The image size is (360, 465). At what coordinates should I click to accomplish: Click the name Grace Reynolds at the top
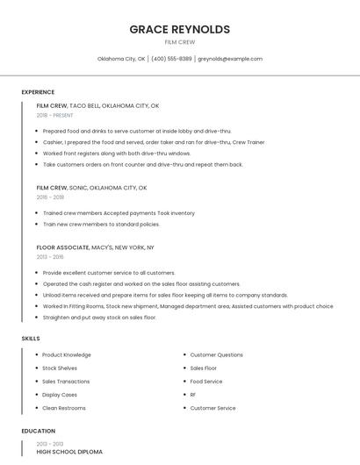[x=180, y=29]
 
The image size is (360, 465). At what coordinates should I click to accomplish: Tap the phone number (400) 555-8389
[x=171, y=59]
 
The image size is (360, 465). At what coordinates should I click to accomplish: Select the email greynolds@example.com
[x=230, y=59]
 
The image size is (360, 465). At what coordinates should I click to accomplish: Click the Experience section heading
[x=38, y=92]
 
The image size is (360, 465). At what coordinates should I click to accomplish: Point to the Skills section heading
[x=31, y=338]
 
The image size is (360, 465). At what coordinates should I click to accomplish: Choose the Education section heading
[x=39, y=431]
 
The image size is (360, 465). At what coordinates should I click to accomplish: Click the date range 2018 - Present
[x=55, y=115]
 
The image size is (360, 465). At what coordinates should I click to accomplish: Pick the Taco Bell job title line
[x=97, y=105]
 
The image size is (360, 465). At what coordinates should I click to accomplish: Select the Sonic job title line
[x=91, y=188]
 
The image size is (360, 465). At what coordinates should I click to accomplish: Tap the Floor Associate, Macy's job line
[x=95, y=247]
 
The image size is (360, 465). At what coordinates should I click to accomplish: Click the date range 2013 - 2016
[x=50, y=257]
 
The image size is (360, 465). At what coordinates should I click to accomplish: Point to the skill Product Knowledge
[x=67, y=355]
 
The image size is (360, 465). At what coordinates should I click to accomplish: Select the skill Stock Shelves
[x=60, y=368]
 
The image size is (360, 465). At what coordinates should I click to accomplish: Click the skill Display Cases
[x=60, y=395]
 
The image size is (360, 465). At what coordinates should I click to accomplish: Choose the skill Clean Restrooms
[x=64, y=408]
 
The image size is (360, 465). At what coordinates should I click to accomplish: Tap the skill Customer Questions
[x=217, y=355]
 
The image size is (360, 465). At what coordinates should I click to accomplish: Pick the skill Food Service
[x=206, y=382]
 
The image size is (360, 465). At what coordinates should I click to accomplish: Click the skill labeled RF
[x=193, y=395]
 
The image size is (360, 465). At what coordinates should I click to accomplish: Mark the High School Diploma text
[x=69, y=451]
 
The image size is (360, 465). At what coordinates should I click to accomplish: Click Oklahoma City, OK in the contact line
[x=121, y=59]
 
